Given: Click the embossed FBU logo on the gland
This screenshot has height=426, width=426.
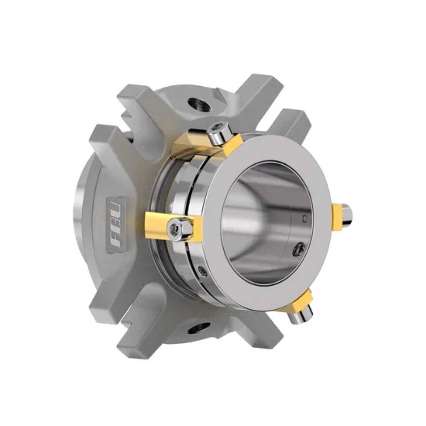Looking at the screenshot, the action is (116, 224).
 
